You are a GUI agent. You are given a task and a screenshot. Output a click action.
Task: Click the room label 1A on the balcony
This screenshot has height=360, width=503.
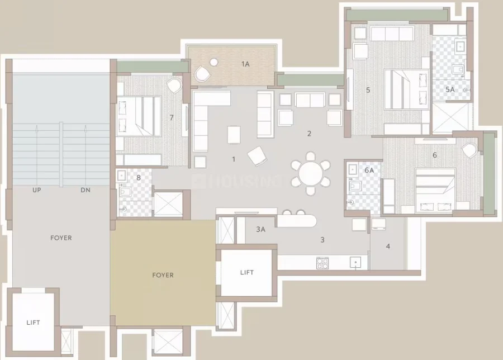(245, 64)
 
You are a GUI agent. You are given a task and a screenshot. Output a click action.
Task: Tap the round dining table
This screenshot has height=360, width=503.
(311, 174)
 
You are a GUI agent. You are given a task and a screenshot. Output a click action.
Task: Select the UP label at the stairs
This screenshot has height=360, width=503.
(36, 190)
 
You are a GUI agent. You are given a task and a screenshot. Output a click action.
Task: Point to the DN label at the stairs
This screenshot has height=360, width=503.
(86, 190)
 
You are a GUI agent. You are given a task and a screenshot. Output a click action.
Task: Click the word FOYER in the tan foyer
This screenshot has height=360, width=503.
(163, 275)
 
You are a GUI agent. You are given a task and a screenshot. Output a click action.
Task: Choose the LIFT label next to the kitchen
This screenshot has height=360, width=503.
(246, 272)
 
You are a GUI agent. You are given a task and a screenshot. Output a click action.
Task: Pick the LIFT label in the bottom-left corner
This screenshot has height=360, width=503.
(33, 323)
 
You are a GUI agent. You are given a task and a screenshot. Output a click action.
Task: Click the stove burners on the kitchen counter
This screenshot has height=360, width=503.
(322, 263)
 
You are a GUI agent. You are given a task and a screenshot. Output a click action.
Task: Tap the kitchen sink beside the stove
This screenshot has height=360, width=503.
(355, 263)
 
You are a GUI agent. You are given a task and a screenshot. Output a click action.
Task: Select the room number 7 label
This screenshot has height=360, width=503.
(172, 118)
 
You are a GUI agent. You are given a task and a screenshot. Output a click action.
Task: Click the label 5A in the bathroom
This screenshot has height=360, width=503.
(450, 89)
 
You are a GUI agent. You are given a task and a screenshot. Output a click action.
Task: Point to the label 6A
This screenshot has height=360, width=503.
(369, 170)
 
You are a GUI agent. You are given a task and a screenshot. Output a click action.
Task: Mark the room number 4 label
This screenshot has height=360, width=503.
(388, 247)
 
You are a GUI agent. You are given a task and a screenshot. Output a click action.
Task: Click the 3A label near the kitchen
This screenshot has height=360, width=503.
(260, 229)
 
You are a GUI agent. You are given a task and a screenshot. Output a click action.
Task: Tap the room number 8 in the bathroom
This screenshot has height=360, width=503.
(139, 177)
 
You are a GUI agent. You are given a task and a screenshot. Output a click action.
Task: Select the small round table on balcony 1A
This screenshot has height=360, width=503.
(213, 62)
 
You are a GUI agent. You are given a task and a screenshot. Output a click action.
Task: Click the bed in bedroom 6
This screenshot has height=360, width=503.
(435, 190)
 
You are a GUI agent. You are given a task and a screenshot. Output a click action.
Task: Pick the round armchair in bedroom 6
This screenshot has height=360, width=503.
(469, 150)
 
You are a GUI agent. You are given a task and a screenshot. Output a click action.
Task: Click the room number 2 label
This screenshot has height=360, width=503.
(309, 134)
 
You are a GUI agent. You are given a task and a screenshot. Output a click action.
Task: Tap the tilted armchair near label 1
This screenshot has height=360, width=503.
(257, 157)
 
